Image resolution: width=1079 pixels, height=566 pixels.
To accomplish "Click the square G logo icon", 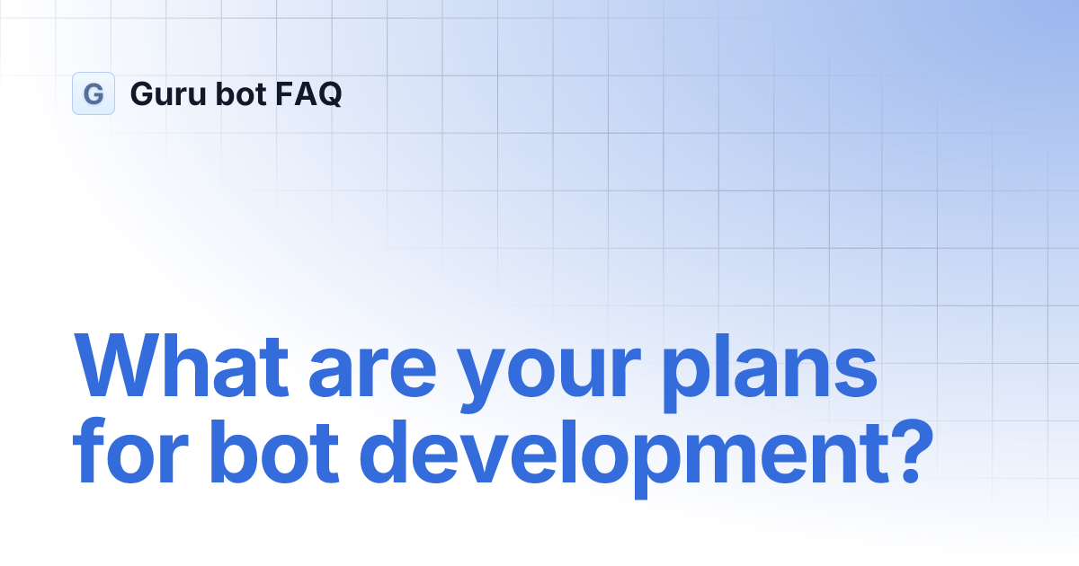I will (x=94, y=93).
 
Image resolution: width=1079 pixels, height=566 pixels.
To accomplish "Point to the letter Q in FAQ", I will (x=328, y=94).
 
